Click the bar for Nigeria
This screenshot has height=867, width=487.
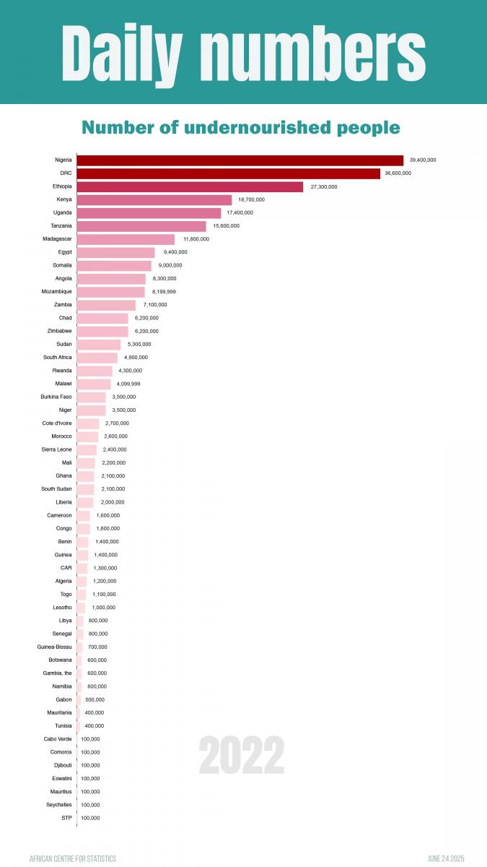coord(240,160)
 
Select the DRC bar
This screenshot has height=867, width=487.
coord(228,173)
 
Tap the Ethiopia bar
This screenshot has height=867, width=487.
coord(190,186)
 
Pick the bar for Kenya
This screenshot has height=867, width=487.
coord(154,199)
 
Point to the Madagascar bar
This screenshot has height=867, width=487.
coord(126,239)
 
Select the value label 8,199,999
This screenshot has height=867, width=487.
coord(164,292)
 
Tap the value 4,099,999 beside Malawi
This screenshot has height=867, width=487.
coord(128,384)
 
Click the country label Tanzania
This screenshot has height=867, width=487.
coord(61,226)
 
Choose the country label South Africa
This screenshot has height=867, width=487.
coord(58,358)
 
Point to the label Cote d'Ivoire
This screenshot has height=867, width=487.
coord(57,423)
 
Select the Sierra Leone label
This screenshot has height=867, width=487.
coord(57,449)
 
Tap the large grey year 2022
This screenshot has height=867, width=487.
coord(242,756)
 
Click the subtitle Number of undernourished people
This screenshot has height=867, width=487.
coord(241,128)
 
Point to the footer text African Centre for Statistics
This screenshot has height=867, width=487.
coord(73,858)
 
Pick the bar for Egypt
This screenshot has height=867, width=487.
coord(115,252)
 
